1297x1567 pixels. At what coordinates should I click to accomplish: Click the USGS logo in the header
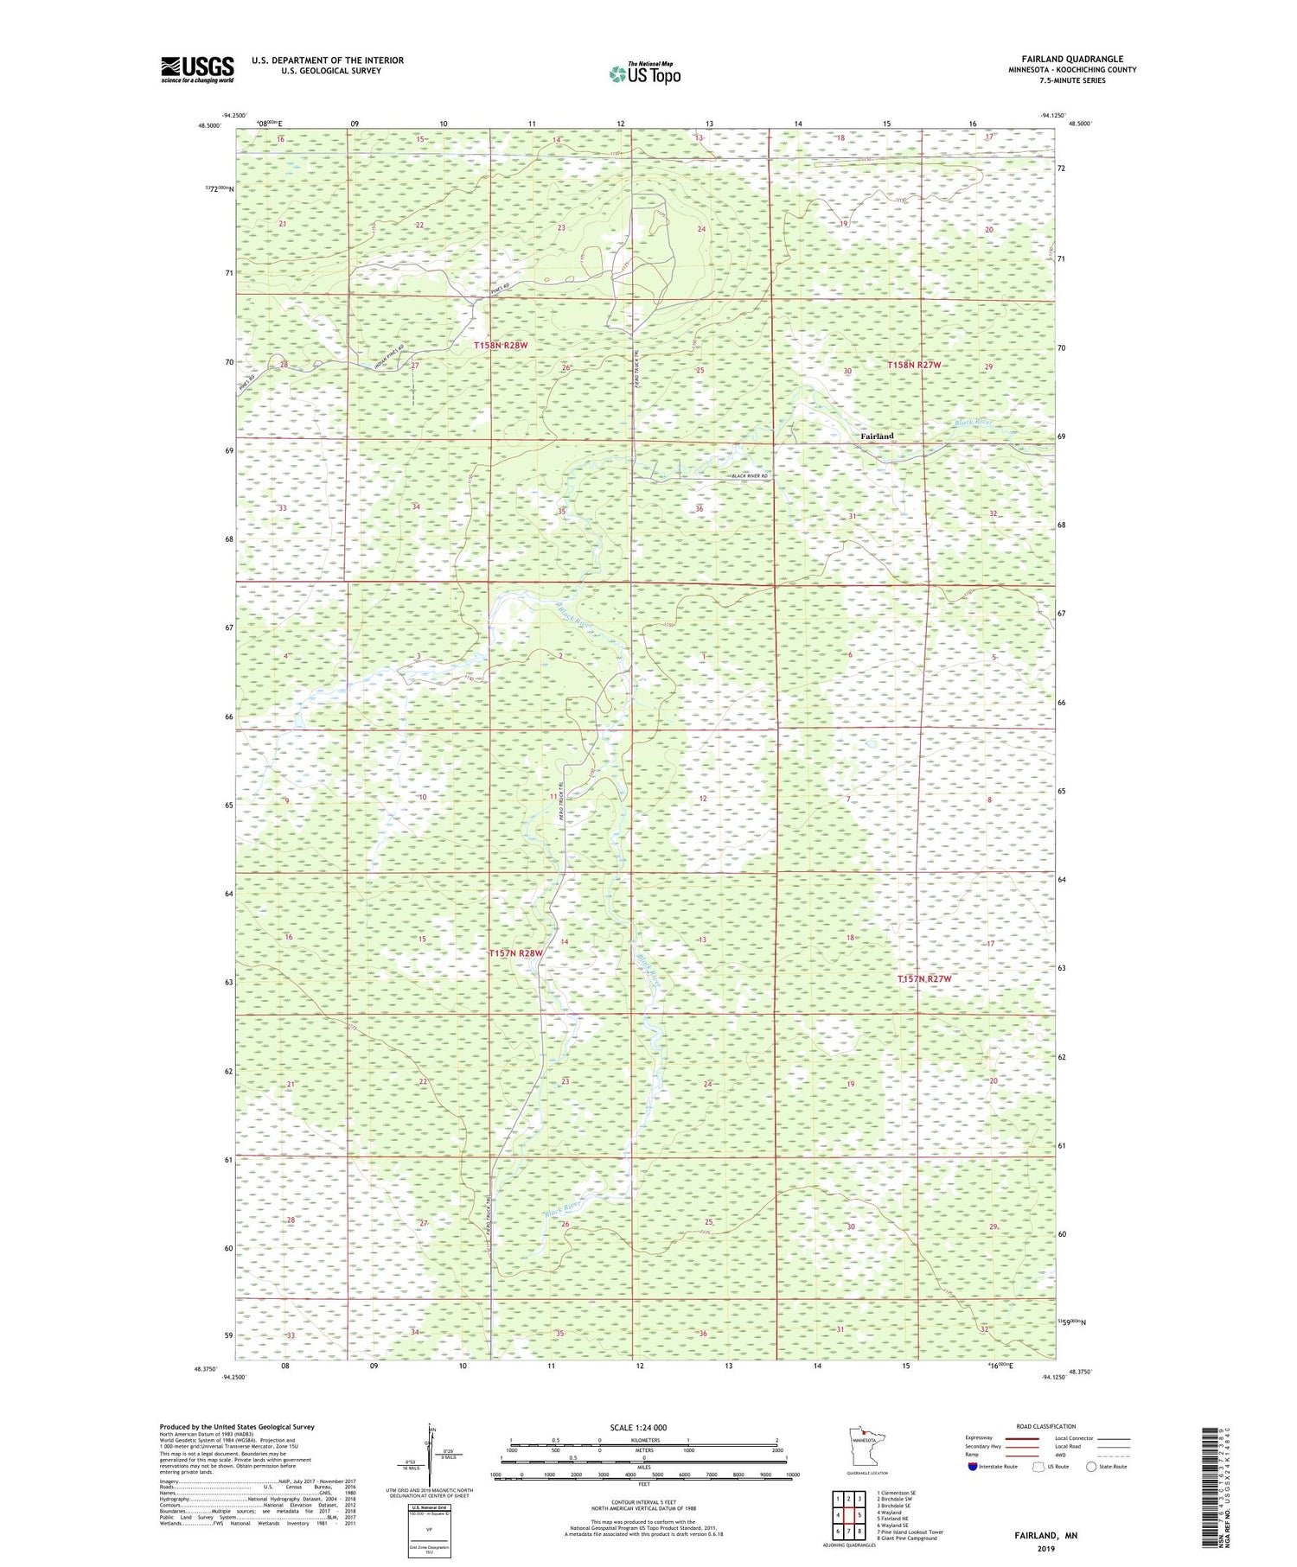coord(197,69)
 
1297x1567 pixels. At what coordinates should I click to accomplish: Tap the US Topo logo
coord(644,73)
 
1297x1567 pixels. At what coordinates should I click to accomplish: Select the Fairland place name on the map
coord(877,436)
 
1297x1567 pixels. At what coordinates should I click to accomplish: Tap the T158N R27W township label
coord(913,366)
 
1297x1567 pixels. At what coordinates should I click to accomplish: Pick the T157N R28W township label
coord(515,953)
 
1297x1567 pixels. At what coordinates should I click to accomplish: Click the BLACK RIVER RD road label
coord(749,476)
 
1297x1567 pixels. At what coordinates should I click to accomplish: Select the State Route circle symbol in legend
coord(1091,1467)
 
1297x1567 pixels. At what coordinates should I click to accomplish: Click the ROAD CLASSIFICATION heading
coord(1046,1426)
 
